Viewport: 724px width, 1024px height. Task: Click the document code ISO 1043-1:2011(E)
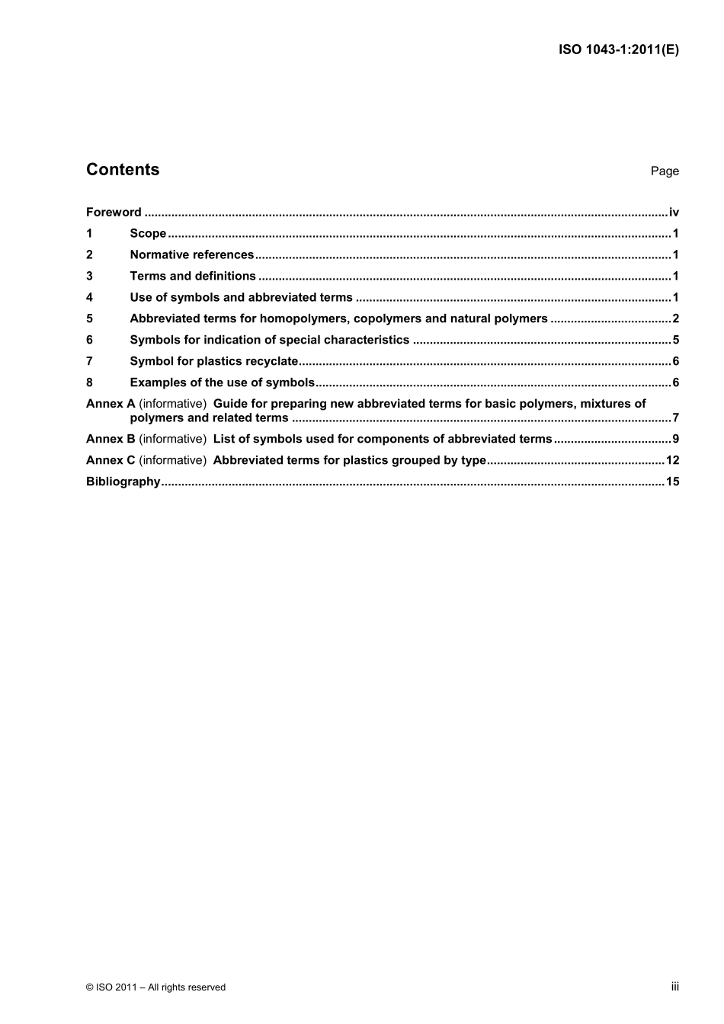coord(618,50)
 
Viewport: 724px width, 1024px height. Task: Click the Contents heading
coord(123,170)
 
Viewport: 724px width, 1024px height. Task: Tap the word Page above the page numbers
coord(665,171)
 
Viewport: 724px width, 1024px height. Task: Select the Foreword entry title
coord(114,213)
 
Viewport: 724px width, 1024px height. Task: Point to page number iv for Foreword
coord(674,213)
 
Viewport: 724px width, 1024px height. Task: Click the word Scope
coord(148,234)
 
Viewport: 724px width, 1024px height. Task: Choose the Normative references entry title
coord(191,255)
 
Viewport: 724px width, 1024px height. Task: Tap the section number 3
coord(89,277)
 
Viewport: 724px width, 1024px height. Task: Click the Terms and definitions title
coord(193,277)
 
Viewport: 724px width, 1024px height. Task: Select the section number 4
coord(89,298)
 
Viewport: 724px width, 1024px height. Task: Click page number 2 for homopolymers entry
coord(675,319)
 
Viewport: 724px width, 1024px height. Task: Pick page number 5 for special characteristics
coord(675,341)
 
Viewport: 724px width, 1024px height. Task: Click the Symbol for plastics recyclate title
coord(213,362)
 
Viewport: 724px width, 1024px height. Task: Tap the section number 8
coord(89,383)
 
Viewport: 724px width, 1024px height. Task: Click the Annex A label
coord(111,404)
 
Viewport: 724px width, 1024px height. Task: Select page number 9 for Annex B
coord(675,439)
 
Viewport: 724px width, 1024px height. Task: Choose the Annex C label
coord(111,460)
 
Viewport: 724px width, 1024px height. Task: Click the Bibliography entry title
coord(123,482)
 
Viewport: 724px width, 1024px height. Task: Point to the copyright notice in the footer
coord(156,987)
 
